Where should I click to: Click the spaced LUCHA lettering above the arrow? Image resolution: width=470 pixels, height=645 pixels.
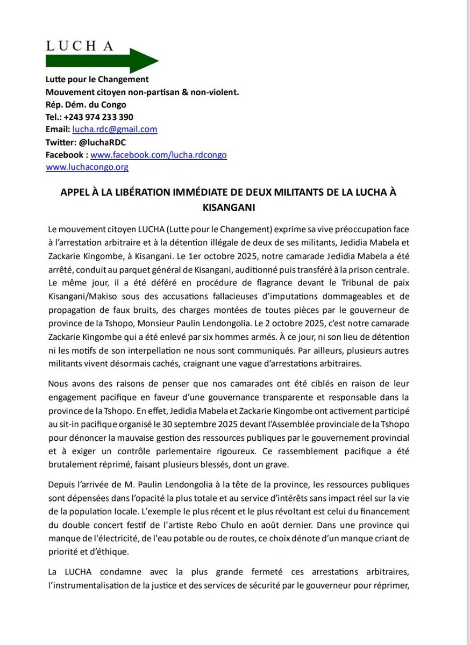click(x=80, y=46)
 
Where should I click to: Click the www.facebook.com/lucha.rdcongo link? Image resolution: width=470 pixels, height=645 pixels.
click(x=159, y=155)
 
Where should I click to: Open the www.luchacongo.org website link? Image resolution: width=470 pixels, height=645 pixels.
click(x=87, y=167)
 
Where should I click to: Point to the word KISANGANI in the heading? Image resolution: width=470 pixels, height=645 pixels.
click(x=234, y=206)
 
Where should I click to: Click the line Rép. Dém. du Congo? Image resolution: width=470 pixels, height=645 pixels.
click(x=86, y=105)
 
